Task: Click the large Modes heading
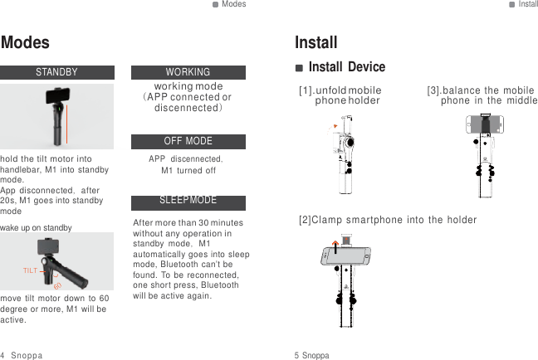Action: (x=26, y=42)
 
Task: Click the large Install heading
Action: (x=316, y=42)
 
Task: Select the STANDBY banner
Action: (x=56, y=72)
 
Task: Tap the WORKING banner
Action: (x=188, y=72)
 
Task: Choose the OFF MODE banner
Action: (x=188, y=141)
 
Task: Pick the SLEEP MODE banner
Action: (x=188, y=202)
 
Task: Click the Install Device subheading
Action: (x=346, y=66)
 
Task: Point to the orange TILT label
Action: (x=30, y=271)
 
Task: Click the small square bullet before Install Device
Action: (x=300, y=67)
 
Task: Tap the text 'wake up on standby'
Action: (x=37, y=227)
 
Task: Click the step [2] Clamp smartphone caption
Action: (x=388, y=220)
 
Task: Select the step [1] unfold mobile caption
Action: (x=340, y=95)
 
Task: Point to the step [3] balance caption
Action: (x=482, y=95)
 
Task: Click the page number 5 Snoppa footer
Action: (x=311, y=355)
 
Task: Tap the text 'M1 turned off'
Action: (x=188, y=171)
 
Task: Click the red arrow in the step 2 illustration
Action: (x=335, y=245)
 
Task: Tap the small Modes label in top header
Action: (x=233, y=4)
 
